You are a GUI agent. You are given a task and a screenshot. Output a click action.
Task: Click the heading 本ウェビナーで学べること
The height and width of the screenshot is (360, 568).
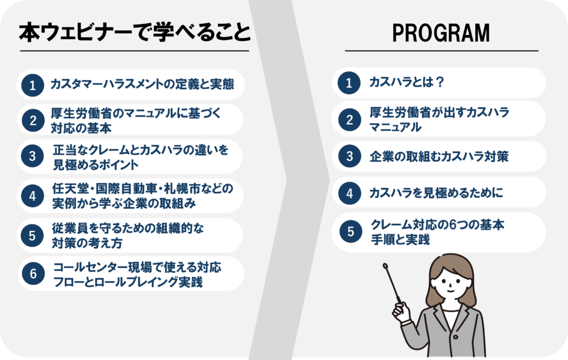[x=134, y=32]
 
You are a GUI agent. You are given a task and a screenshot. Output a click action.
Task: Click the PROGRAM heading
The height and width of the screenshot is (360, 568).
[x=441, y=33]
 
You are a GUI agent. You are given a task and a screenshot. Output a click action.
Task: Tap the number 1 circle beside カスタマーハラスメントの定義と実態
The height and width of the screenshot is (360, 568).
[x=33, y=85]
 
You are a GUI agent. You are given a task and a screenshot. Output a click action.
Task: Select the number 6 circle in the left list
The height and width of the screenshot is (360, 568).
[x=33, y=273]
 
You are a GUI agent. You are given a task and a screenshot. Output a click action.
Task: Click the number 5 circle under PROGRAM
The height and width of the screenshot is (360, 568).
[x=351, y=231]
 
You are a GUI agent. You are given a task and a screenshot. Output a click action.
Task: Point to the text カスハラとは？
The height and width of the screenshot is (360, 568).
[x=407, y=82]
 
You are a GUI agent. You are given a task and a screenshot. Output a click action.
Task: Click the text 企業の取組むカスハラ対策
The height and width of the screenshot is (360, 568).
[x=439, y=156]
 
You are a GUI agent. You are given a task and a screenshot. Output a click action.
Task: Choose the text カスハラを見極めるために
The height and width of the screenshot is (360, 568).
[x=436, y=192]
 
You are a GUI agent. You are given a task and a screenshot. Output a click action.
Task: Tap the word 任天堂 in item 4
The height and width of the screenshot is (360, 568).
[x=70, y=189]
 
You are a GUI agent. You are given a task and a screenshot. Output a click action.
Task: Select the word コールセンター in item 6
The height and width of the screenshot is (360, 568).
[x=90, y=267]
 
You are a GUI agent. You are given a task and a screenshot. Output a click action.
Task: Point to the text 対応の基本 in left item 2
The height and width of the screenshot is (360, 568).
[x=81, y=128]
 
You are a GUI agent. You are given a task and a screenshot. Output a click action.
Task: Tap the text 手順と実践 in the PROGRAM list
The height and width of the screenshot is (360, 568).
[x=400, y=240]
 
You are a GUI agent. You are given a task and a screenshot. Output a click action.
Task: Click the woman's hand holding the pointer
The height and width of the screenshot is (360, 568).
[x=400, y=312]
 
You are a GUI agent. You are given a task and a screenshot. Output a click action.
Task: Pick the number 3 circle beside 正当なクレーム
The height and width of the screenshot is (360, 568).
[x=33, y=156]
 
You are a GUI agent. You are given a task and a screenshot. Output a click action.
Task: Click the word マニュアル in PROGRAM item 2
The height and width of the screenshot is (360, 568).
[x=395, y=127]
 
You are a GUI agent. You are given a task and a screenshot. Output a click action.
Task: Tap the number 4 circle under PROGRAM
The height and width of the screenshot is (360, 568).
[x=349, y=193]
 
